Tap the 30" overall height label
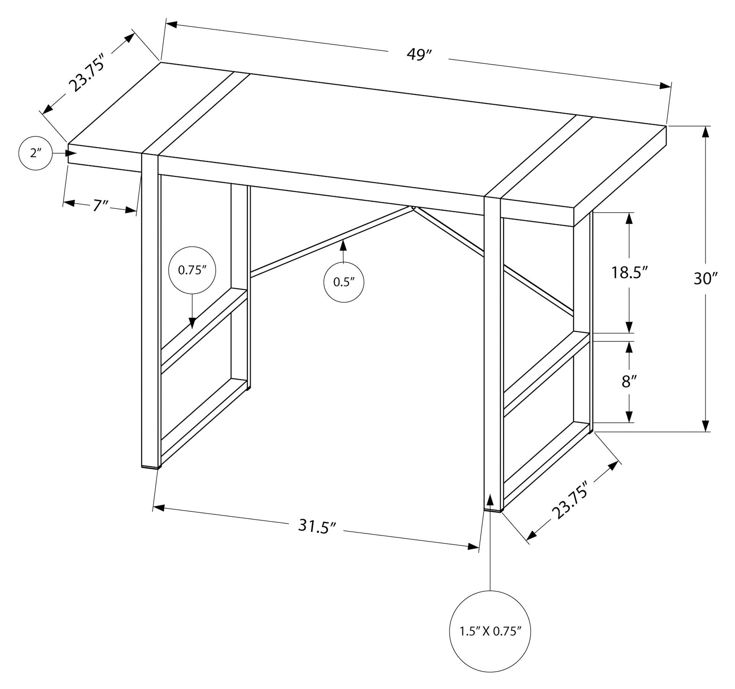pyautogui.click(x=705, y=279)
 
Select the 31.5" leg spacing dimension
pyautogui.click(x=317, y=527)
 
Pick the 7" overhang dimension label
pyautogui.click(x=100, y=206)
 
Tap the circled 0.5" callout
pyautogui.click(x=344, y=282)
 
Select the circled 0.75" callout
pyautogui.click(x=192, y=270)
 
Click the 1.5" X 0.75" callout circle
pyautogui.click(x=490, y=631)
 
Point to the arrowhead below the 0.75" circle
pyautogui.click(x=192, y=323)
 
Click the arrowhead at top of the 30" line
pyautogui.click(x=706, y=132)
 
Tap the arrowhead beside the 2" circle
pyautogui.click(x=71, y=153)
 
